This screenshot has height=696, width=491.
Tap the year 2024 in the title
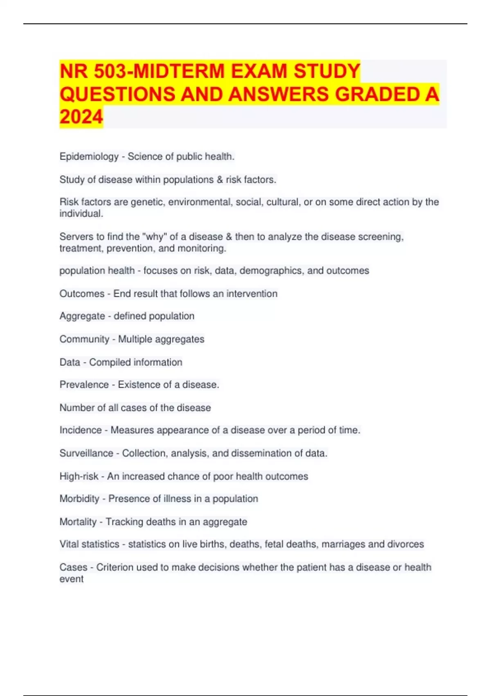81,117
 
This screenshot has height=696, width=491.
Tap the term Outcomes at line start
82,294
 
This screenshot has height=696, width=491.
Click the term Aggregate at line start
82,316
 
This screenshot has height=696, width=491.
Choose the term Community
84,339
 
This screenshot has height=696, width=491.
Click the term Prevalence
84,385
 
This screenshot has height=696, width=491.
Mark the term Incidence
80,430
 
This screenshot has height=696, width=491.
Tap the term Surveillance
86,453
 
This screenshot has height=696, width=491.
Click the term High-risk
79,476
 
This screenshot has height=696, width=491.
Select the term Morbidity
79,499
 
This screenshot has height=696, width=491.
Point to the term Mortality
78,522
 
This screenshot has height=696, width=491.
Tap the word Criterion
115,567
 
